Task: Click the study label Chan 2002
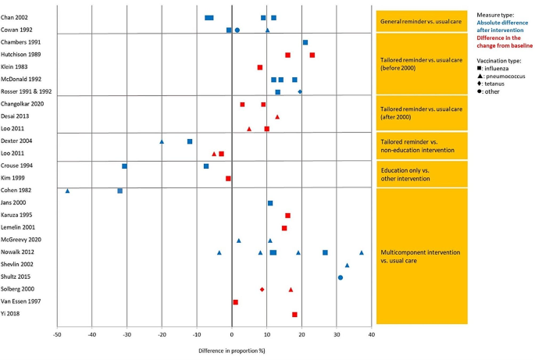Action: [17, 17]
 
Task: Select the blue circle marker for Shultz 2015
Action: [341, 277]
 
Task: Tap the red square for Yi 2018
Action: [294, 314]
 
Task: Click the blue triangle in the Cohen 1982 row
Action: [68, 191]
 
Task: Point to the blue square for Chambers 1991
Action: [305, 42]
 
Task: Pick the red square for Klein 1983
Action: [260, 67]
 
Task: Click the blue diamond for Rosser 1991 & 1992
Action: [300, 92]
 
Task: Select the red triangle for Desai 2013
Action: [277, 116]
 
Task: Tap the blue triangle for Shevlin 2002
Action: [348, 265]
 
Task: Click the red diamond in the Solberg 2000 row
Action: [262, 290]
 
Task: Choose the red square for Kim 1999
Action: [228, 178]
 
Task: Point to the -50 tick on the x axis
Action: [57, 334]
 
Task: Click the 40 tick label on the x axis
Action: [372, 334]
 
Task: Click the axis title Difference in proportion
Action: [232, 346]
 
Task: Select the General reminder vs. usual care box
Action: [422, 20]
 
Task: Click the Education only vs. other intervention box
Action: [422, 173]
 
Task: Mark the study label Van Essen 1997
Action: [23, 301]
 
